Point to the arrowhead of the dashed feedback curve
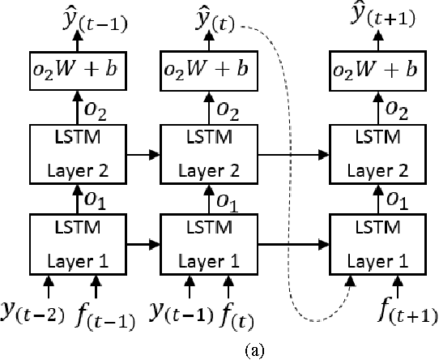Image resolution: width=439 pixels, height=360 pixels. pos(350,279)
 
